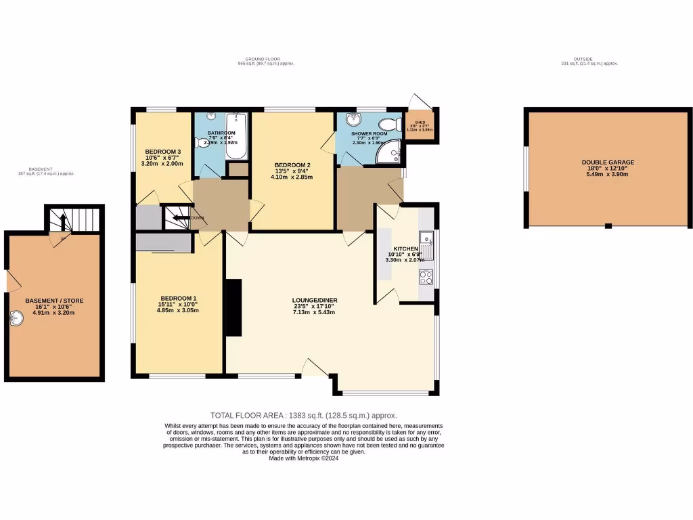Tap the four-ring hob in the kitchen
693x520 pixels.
426,276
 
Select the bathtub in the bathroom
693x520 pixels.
237,135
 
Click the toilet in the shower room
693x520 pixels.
389,125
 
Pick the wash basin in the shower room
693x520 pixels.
353,120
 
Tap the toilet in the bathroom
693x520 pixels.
202,142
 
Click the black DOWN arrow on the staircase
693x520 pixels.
180,218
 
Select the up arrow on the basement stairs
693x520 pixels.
63,221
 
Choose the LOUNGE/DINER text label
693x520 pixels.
315,301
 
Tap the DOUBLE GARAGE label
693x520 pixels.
608,162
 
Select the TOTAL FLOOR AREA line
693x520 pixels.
303,416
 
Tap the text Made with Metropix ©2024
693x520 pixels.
303,458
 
